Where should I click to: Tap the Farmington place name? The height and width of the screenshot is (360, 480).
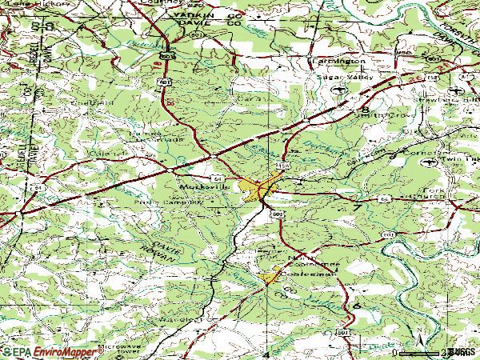click(338, 61)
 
